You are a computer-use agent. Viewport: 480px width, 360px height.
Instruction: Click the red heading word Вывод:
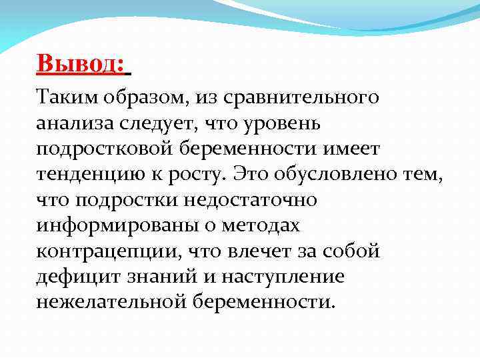(81, 65)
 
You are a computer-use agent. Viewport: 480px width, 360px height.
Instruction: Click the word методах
(265, 226)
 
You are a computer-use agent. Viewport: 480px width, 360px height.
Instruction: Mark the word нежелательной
(111, 301)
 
